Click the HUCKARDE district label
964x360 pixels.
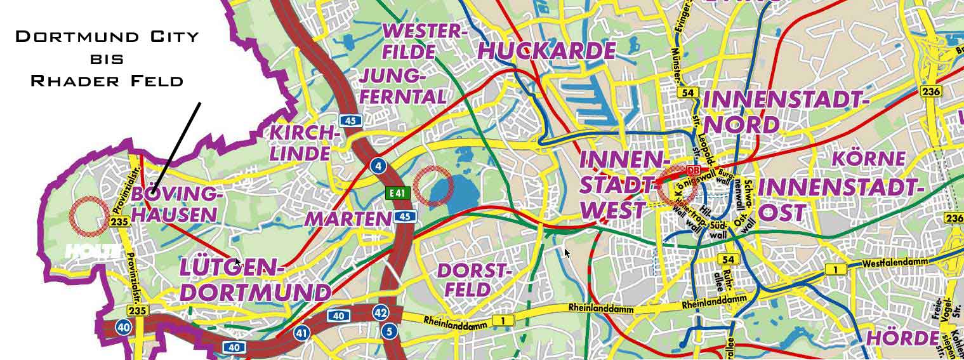tap(546, 50)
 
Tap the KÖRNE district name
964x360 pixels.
tap(868, 157)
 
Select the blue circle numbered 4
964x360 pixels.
tap(379, 166)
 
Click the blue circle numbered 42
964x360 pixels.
tap(381, 312)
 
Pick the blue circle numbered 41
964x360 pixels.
tap(301, 332)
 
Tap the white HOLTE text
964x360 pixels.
tap(92, 251)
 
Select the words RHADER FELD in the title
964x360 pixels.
tap(107, 81)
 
